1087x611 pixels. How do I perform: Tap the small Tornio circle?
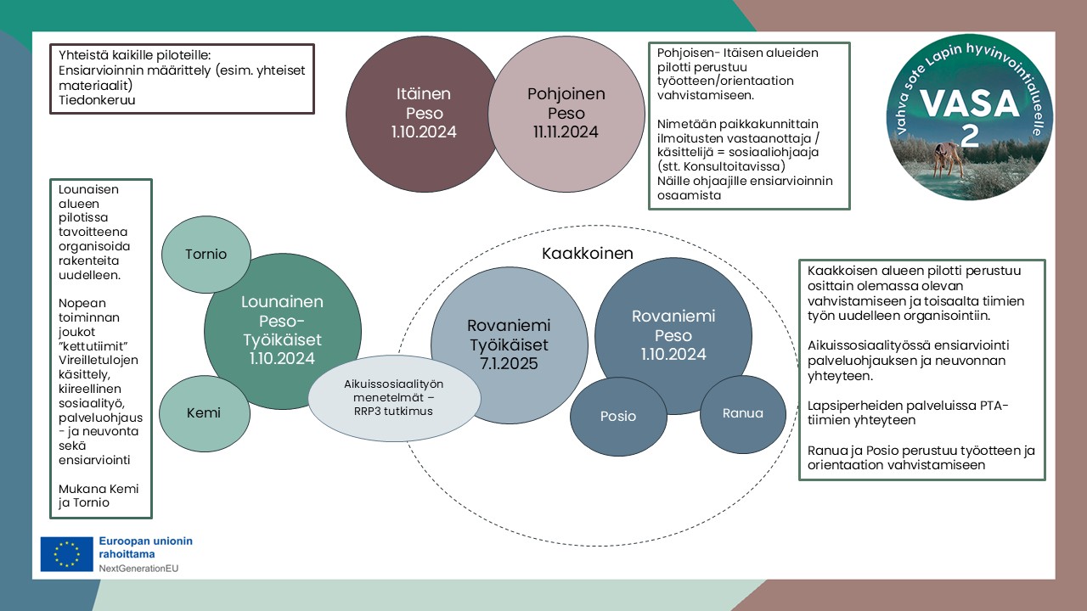pyautogui.click(x=206, y=254)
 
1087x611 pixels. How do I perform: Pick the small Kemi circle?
pyautogui.click(x=204, y=413)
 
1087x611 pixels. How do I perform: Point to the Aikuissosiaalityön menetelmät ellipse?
pyautogui.click(x=394, y=397)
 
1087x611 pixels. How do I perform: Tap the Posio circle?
pyautogui.click(x=617, y=416)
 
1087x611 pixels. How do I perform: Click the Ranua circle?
pyautogui.click(x=742, y=413)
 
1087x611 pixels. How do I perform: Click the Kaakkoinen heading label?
pyautogui.click(x=588, y=254)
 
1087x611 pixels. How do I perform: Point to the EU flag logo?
pyautogui.click(x=66, y=554)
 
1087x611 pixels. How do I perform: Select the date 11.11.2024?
pyautogui.click(x=566, y=132)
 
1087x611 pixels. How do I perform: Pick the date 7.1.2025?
pyautogui.click(x=509, y=364)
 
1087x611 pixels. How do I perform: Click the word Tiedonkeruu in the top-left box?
pyautogui.click(x=99, y=100)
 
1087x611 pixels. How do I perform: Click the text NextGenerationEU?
pyautogui.click(x=138, y=568)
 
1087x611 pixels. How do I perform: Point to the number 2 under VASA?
pyautogui.click(x=970, y=134)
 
